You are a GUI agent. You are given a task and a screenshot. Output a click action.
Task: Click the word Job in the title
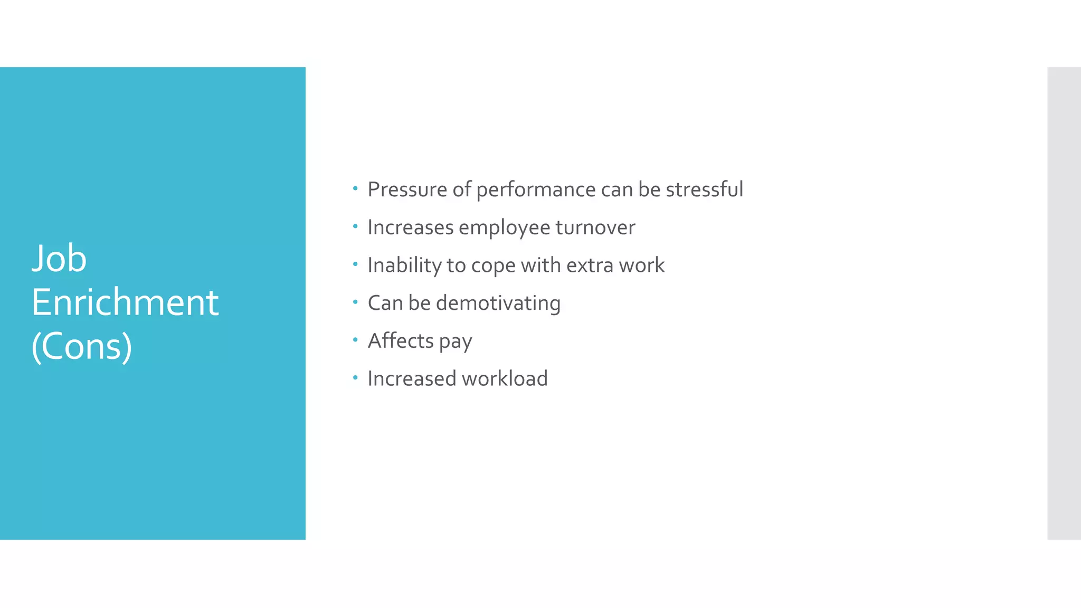click(x=59, y=259)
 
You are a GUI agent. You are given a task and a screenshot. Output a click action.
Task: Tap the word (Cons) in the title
click(x=82, y=346)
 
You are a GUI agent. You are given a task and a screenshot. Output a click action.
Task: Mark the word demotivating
click(x=498, y=303)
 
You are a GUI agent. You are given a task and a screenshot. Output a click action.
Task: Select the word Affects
click(x=401, y=341)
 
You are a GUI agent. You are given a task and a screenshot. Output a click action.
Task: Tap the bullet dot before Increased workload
click(x=355, y=377)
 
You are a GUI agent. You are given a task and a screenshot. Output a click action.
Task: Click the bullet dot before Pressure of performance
click(x=355, y=188)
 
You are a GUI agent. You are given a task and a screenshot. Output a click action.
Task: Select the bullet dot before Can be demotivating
click(x=355, y=301)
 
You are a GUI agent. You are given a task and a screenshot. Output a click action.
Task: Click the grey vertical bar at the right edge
click(x=1064, y=303)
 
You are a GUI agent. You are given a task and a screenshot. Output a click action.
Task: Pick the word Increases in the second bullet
click(x=410, y=227)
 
